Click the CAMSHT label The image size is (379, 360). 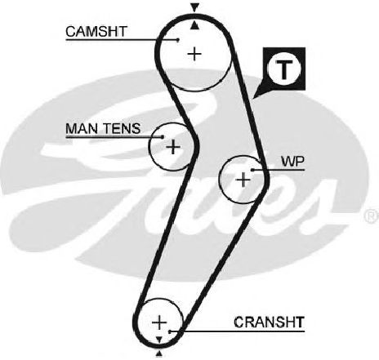(96, 32)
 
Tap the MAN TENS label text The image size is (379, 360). (103, 128)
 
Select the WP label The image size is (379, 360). (292, 162)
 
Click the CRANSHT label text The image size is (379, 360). (269, 322)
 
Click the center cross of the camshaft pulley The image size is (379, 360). (194, 54)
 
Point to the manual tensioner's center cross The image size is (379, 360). (173, 147)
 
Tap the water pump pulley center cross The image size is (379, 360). (243, 180)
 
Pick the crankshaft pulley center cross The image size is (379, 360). (159, 322)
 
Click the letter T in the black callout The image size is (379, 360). (284, 69)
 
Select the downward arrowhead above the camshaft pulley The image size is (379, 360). (194, 7)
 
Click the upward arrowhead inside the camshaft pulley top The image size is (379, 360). (194, 25)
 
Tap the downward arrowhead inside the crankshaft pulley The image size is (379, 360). (159, 339)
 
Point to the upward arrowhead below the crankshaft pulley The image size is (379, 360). (159, 353)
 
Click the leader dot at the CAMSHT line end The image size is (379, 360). (178, 40)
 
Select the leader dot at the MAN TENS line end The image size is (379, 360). (163, 136)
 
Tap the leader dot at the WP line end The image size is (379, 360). (252, 170)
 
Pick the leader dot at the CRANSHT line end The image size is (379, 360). (169, 331)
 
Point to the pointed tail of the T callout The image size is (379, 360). (254, 98)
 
